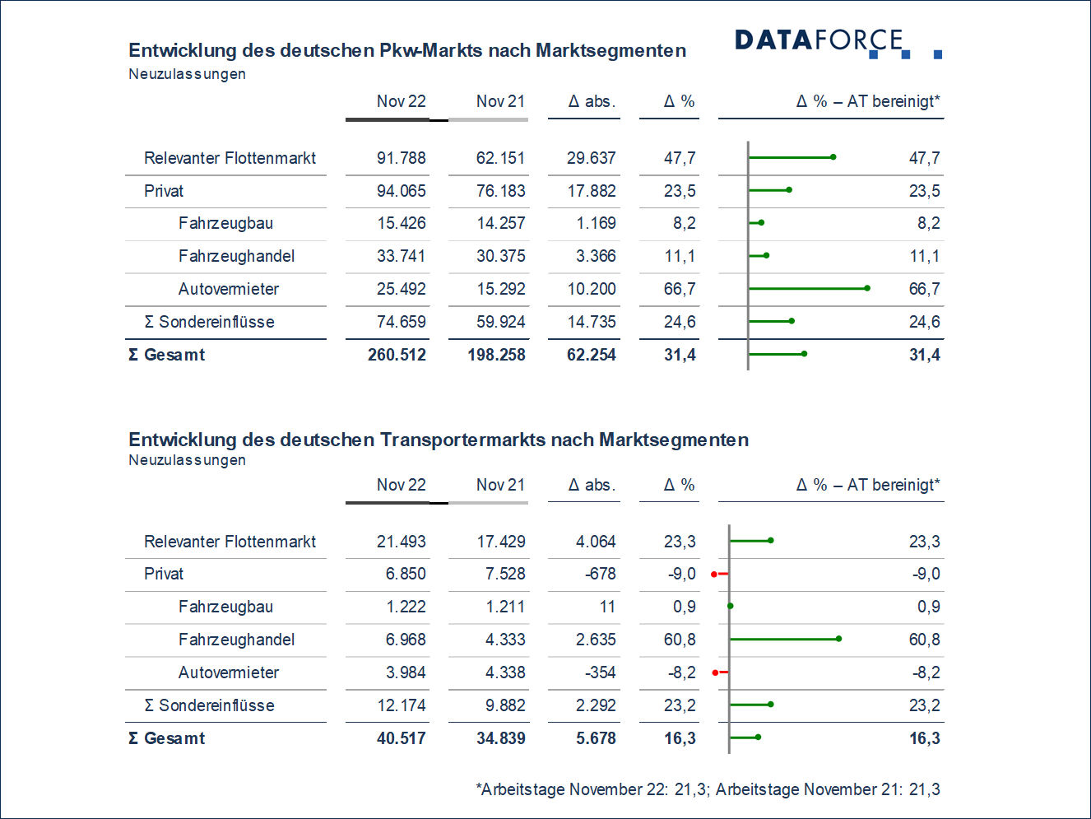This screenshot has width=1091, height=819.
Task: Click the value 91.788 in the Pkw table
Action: pyautogui.click(x=401, y=158)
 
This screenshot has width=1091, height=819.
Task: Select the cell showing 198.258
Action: pyautogui.click(x=496, y=355)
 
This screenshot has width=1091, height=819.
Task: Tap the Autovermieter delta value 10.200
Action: pyautogui.click(x=591, y=289)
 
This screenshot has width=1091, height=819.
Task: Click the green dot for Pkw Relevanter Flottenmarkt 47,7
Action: pyautogui.click(x=833, y=156)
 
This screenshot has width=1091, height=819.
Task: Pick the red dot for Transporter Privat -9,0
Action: pyautogui.click(x=714, y=574)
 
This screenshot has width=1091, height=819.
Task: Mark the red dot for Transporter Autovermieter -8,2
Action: pyautogui.click(x=715, y=672)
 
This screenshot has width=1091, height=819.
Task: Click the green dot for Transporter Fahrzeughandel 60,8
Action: pyautogui.click(x=838, y=639)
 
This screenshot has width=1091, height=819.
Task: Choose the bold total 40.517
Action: pyautogui.click(x=401, y=738)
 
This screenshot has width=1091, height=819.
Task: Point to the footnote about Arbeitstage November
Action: pyautogui.click(x=708, y=789)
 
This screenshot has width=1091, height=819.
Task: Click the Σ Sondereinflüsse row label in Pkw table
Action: pyautogui.click(x=209, y=322)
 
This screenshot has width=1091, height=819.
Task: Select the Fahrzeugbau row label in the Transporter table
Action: pyautogui.click(x=225, y=607)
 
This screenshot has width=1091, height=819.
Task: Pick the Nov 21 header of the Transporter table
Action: pyautogui.click(x=499, y=485)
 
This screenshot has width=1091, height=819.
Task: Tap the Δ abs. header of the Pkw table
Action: pyautogui.click(x=591, y=101)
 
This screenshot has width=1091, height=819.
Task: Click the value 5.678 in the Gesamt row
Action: pyautogui.click(x=595, y=738)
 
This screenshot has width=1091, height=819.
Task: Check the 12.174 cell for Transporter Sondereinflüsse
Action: pyautogui.click(x=401, y=705)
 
